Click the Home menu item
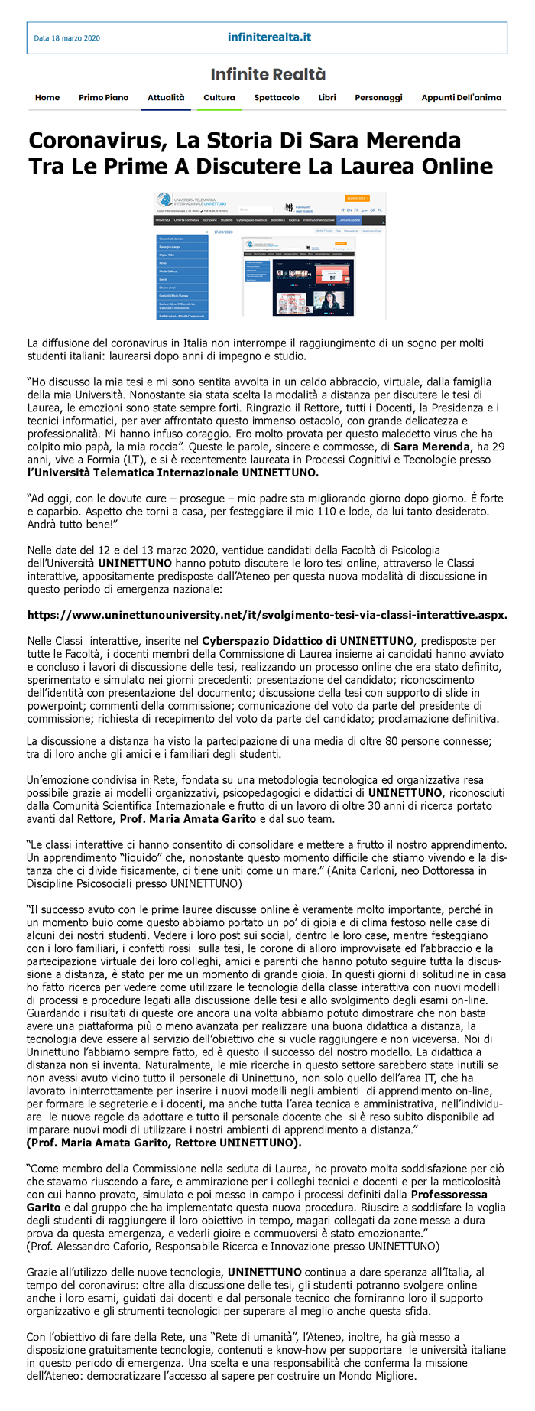pyautogui.click(x=47, y=98)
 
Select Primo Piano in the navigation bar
pyautogui.click(x=103, y=98)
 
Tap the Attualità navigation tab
pyautogui.click(x=166, y=98)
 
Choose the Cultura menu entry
pyautogui.click(x=219, y=98)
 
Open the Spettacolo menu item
pyautogui.click(x=277, y=98)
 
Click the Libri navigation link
pyautogui.click(x=327, y=98)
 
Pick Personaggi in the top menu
pyautogui.click(x=378, y=98)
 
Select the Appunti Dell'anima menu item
pyautogui.click(x=461, y=98)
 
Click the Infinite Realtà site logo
pyautogui.click(x=268, y=74)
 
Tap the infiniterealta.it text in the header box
pyautogui.click(x=269, y=37)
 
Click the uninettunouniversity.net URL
pyautogui.click(x=267, y=615)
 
